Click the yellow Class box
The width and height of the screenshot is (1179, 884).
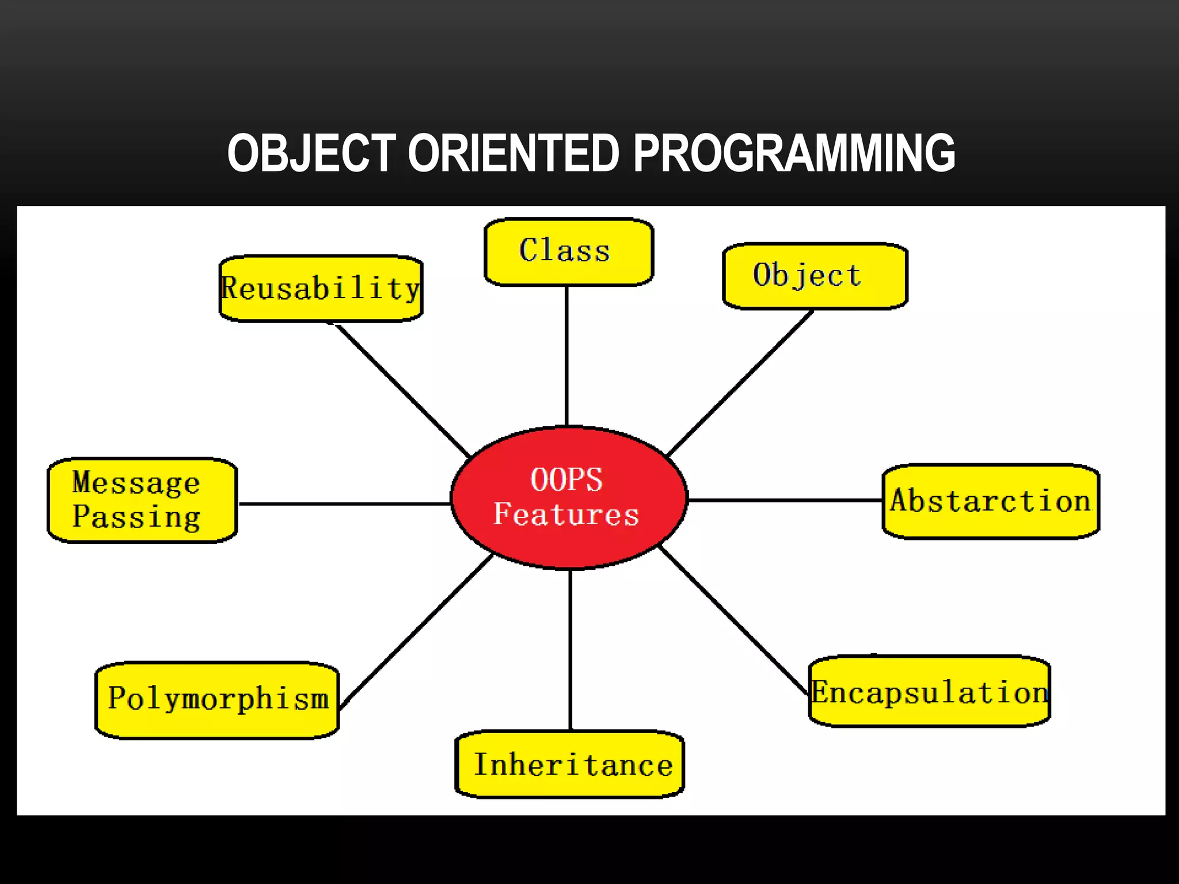pos(569,252)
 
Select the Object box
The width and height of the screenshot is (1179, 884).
pos(815,276)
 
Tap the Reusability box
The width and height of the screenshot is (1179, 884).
pos(321,288)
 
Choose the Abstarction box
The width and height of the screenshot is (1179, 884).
pos(991,501)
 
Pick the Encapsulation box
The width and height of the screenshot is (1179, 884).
pos(929,692)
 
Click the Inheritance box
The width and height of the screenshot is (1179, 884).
pos(570,764)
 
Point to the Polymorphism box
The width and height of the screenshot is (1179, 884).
pos(217,700)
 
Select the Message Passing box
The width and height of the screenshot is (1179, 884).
pos(142,500)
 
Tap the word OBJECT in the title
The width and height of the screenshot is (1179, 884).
pos(311,153)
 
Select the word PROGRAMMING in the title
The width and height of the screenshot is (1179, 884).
pos(794,153)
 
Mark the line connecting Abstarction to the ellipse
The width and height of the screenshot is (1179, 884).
pos(786,501)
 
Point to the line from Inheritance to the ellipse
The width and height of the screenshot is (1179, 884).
pos(571,650)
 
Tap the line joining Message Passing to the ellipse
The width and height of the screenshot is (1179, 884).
pos(344,504)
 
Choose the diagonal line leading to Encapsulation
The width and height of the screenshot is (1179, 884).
pos(732,620)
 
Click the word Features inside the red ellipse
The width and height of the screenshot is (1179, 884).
pos(566,514)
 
